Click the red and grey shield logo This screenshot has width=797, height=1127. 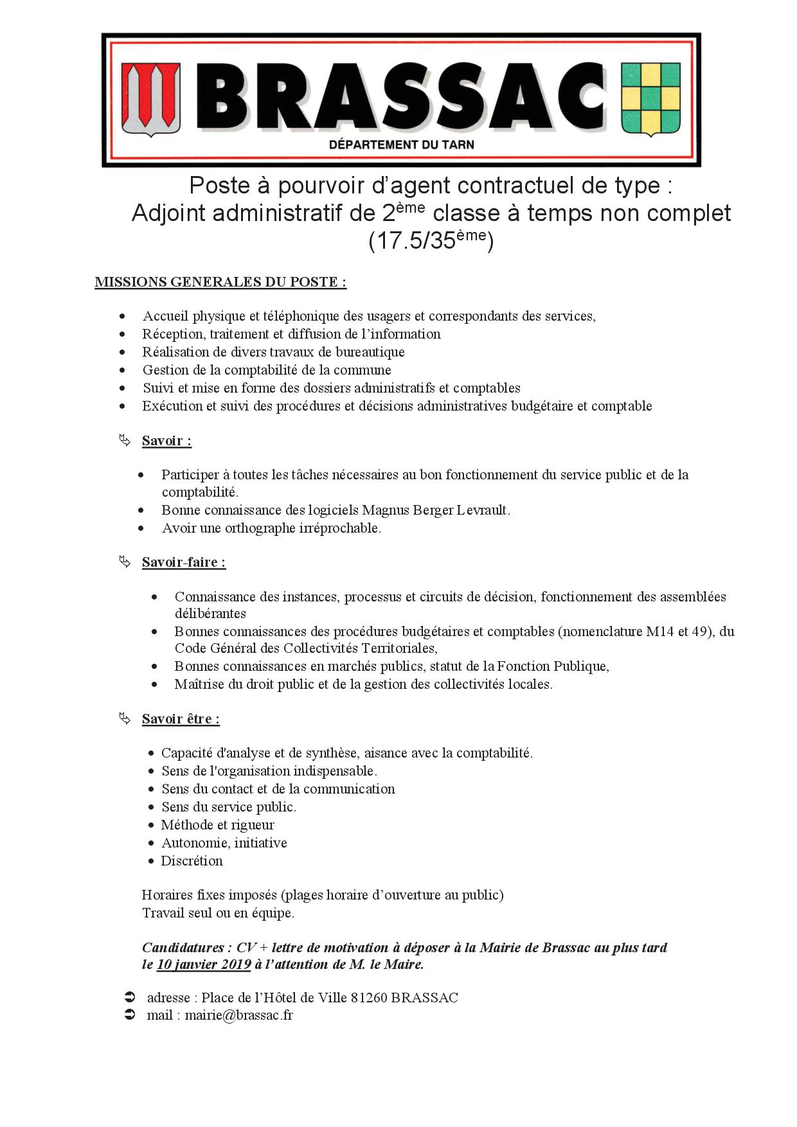[x=151, y=100]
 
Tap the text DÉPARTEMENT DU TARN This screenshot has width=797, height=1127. [x=401, y=145]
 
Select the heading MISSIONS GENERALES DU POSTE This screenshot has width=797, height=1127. [x=220, y=282]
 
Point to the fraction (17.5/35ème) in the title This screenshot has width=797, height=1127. [x=431, y=241]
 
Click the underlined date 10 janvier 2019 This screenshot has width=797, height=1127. [x=204, y=964]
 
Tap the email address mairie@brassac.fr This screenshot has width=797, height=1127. [x=239, y=1015]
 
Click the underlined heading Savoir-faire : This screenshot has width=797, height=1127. [x=183, y=562]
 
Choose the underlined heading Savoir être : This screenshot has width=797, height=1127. [x=181, y=719]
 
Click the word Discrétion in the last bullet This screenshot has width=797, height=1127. [x=192, y=861]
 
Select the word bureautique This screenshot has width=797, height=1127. [x=370, y=352]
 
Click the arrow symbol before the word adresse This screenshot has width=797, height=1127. [x=129, y=998]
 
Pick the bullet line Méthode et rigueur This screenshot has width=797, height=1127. [x=217, y=825]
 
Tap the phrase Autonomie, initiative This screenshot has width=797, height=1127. [x=224, y=843]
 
